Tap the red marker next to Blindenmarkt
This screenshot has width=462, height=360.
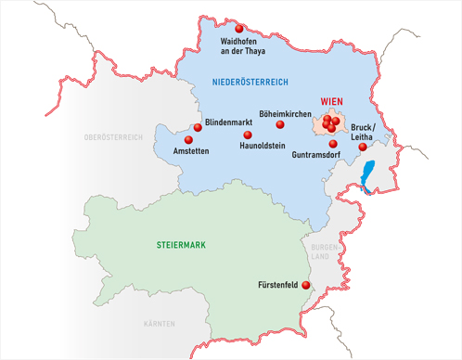[x=198, y=128]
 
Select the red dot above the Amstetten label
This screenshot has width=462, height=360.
[x=188, y=140]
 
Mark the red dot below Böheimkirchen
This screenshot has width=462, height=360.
[x=279, y=124]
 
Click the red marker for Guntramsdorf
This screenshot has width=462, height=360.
[x=332, y=143]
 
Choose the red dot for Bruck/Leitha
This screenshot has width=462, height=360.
[x=362, y=148]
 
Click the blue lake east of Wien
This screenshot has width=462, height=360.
[x=369, y=175]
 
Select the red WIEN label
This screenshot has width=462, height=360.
[x=331, y=102]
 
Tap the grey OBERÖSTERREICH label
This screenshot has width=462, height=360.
[x=113, y=137]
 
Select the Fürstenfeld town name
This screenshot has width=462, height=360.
[x=277, y=287]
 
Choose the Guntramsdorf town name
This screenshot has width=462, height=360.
[x=321, y=155]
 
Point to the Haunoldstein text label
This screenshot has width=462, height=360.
[x=263, y=146]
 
